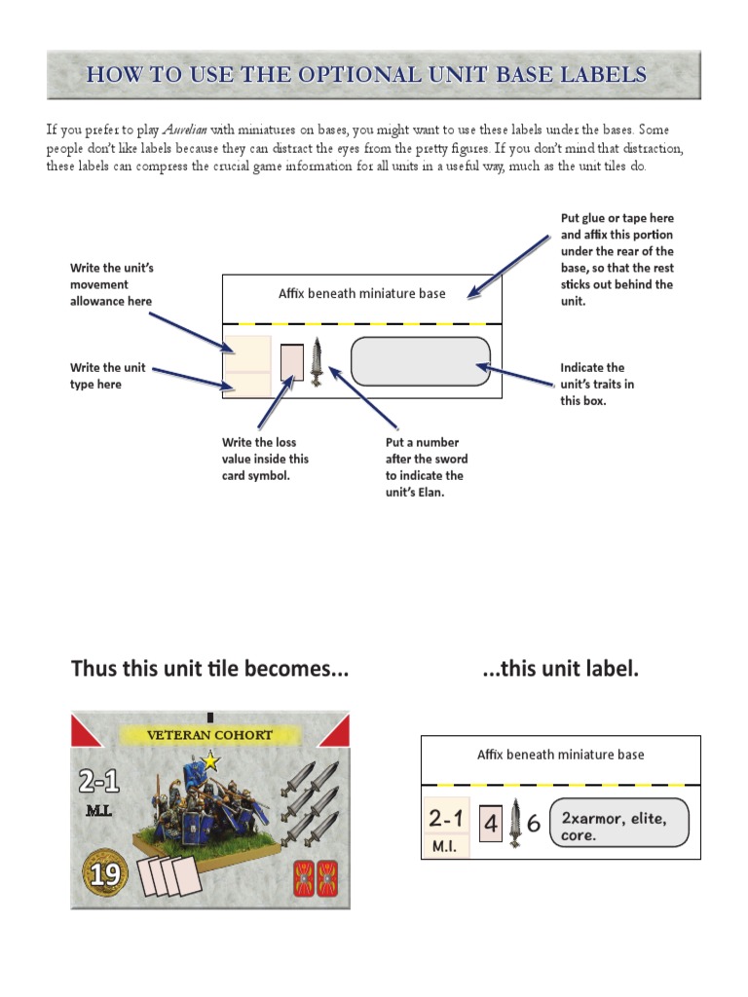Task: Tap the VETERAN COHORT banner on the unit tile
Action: tap(209, 735)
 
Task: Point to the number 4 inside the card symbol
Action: tap(491, 825)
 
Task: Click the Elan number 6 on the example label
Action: tap(533, 825)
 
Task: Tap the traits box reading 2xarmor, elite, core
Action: tap(618, 824)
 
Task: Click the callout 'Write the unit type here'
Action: tap(107, 376)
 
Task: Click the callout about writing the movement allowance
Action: tap(111, 284)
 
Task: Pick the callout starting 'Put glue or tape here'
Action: tap(617, 259)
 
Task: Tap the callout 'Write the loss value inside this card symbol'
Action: tap(265, 459)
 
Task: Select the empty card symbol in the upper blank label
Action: tap(292, 361)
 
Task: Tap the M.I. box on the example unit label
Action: tap(445, 847)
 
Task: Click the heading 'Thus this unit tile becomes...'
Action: tap(209, 669)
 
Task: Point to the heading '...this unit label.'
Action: tap(560, 669)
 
